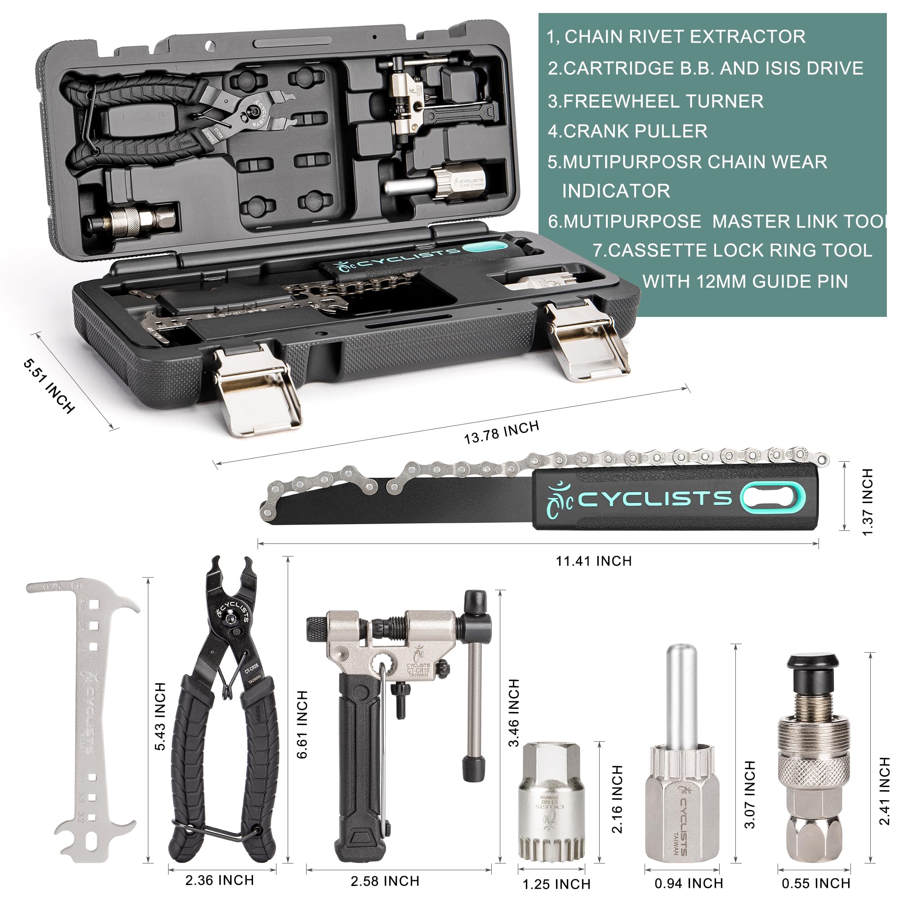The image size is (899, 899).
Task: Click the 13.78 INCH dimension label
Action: click(x=501, y=432)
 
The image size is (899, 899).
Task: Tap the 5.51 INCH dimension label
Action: click(x=49, y=386)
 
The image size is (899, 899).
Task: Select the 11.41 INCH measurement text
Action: click(x=594, y=561)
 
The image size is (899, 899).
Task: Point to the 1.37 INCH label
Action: click(x=868, y=502)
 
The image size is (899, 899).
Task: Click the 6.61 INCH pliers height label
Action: click(x=302, y=725)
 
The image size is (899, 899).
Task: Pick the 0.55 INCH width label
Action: click(x=816, y=883)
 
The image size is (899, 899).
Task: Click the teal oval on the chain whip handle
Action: click(x=773, y=498)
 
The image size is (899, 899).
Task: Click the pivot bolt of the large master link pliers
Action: click(x=229, y=619)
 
